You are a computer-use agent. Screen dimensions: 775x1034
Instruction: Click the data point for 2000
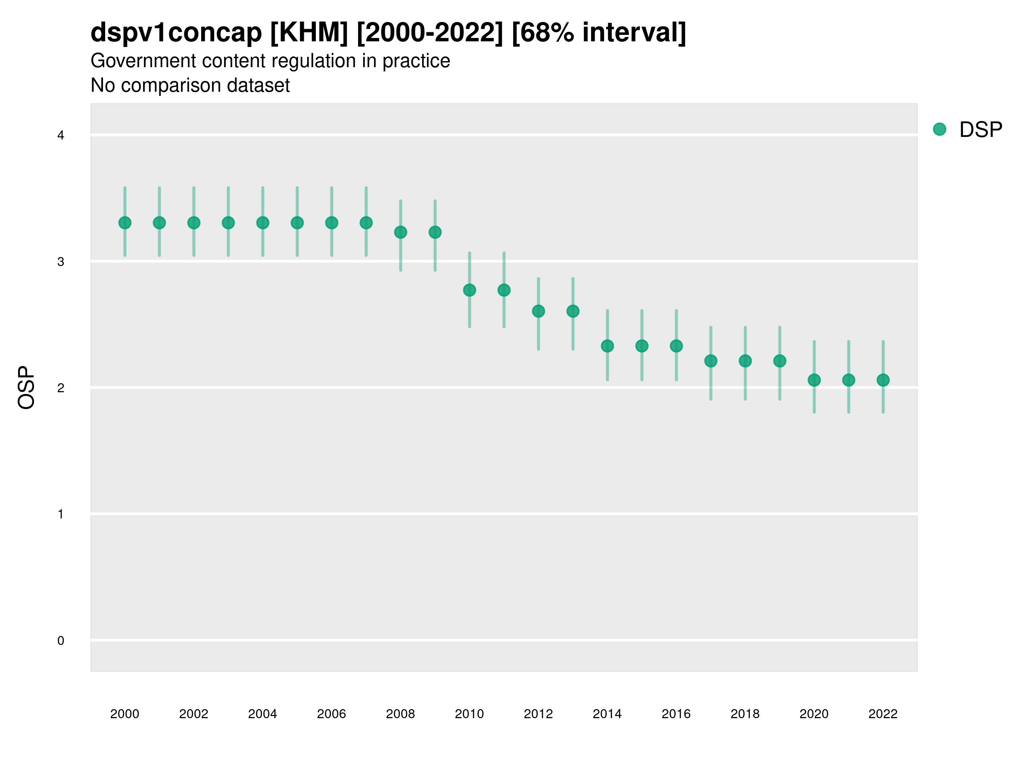pos(125,223)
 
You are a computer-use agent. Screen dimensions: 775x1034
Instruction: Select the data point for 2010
pos(469,290)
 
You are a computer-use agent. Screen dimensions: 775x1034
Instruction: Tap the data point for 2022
pos(883,380)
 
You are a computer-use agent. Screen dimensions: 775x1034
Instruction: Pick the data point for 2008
pos(401,232)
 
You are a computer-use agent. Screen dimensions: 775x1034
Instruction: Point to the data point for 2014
pos(607,346)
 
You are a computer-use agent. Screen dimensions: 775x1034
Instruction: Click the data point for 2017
pos(710,361)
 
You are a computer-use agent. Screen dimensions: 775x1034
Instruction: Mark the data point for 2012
pos(539,311)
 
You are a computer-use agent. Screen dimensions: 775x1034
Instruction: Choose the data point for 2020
pos(814,380)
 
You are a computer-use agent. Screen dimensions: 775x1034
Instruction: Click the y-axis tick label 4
pos(61,136)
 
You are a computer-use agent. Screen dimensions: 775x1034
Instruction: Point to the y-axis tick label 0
pos(61,641)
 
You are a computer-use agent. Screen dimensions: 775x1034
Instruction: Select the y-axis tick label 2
pos(61,388)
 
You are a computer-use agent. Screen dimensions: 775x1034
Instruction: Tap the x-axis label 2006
pos(331,714)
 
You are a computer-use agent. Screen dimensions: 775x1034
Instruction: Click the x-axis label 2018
pos(745,714)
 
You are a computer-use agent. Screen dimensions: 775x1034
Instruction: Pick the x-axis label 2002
pos(193,714)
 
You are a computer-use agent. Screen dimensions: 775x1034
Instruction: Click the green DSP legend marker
pos(940,130)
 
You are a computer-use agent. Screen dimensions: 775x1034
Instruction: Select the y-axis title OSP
pos(26,388)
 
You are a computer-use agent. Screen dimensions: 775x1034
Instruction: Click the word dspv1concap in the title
pos(176,33)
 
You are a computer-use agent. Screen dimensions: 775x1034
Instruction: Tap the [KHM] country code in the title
pos(309,33)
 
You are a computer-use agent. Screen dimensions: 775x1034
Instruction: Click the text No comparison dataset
pos(190,86)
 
